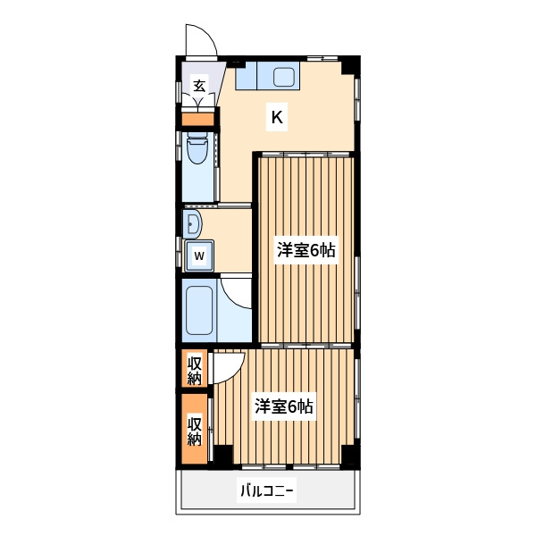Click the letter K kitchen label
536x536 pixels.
[277, 118]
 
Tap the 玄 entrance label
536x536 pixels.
[199, 86]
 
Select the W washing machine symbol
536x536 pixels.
[199, 255]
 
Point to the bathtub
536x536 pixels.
[199, 310]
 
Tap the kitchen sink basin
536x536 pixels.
[284, 77]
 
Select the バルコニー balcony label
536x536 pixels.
[267, 491]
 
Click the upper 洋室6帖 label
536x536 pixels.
[306, 250]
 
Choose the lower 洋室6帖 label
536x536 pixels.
[284, 406]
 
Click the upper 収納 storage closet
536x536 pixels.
[194, 368]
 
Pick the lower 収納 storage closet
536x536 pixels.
[194, 429]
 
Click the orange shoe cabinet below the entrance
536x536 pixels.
[197, 119]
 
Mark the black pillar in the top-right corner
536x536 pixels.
[349, 66]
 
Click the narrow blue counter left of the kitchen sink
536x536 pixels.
[246, 76]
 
